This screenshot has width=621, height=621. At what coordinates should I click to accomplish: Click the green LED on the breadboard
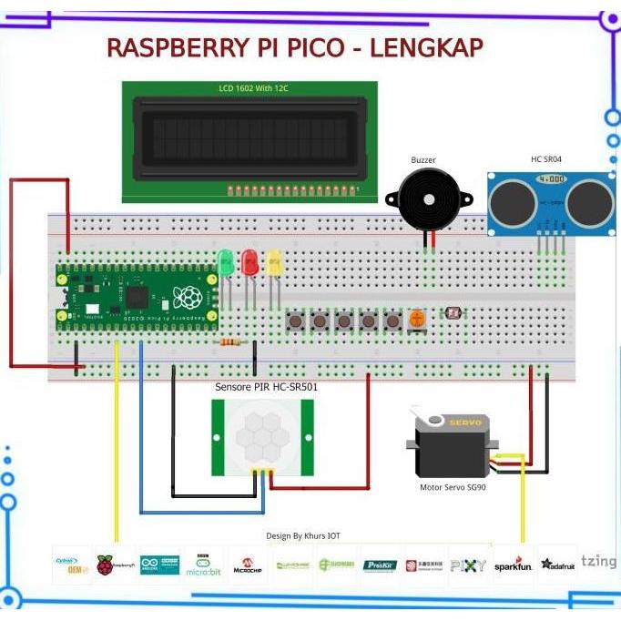point(225,264)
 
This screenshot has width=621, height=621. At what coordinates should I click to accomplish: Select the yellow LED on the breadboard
point(274,264)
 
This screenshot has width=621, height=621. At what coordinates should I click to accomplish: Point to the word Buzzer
point(423,160)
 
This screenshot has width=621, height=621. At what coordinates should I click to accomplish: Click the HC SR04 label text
point(546,159)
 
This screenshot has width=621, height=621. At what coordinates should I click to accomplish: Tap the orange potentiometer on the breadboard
point(416,320)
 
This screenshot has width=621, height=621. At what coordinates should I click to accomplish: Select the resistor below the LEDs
point(231,342)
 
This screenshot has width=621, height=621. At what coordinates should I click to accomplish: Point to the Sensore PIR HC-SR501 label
point(266,387)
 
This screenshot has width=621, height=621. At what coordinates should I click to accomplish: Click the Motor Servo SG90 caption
point(452,488)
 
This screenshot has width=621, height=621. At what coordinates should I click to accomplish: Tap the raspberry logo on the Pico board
point(188,297)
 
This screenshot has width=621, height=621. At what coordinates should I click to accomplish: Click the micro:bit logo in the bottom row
point(203,565)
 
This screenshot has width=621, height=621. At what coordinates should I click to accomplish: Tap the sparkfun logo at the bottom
point(514,565)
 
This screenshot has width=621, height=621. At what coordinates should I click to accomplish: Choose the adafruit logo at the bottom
point(557,565)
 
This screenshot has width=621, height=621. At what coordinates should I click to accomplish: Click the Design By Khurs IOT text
point(303,536)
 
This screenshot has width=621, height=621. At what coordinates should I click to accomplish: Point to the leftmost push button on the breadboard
point(295,321)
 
